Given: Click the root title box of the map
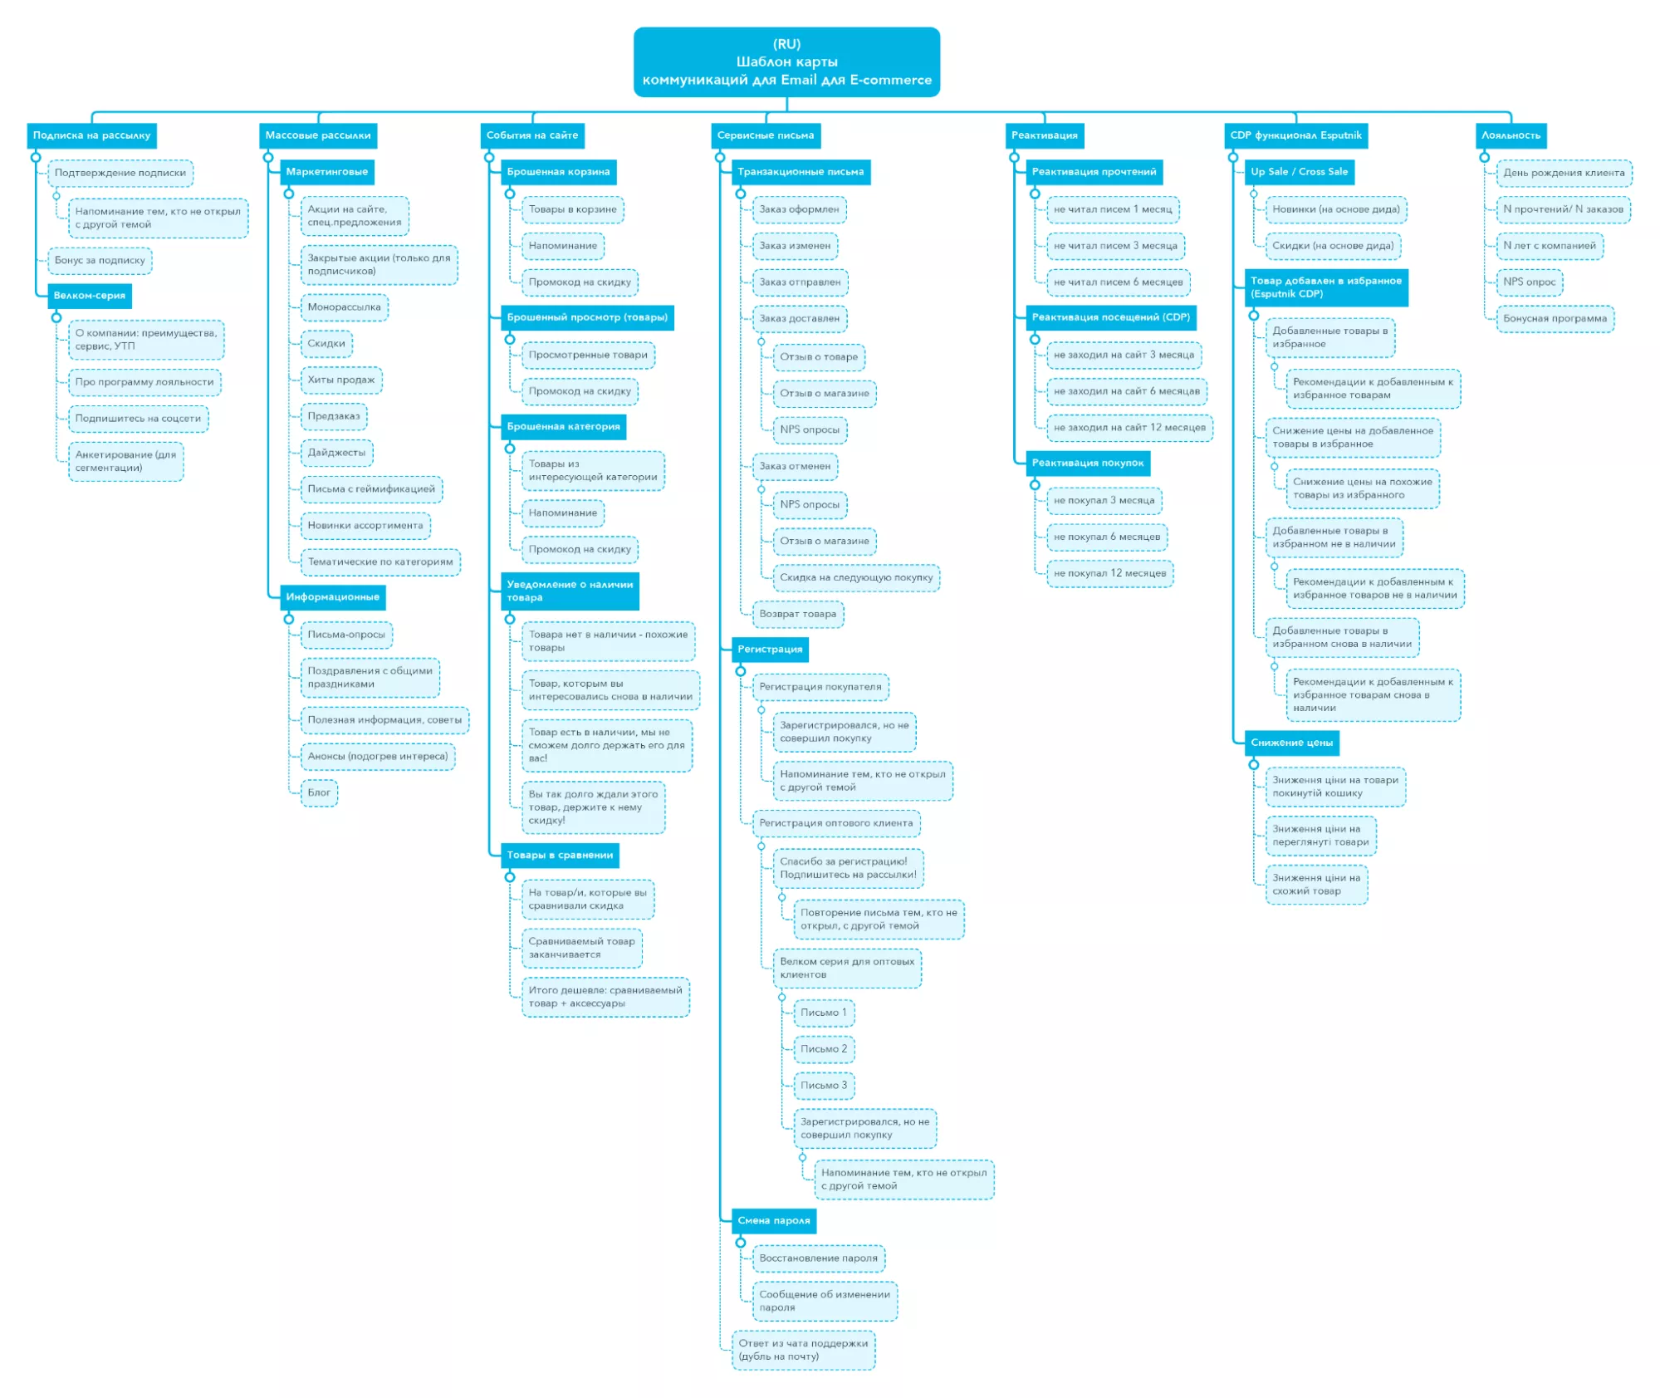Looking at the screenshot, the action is click(786, 62).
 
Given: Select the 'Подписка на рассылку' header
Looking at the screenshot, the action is click(91, 135).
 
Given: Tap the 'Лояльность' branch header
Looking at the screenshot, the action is click(1511, 135).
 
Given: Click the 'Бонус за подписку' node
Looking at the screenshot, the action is click(100, 261).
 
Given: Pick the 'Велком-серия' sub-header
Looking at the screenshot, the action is click(90, 296).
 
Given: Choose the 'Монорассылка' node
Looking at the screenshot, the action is click(344, 307).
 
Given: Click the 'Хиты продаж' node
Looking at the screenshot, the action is click(341, 380).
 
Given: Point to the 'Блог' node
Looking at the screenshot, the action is click(319, 793).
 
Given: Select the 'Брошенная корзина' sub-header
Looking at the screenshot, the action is click(558, 172).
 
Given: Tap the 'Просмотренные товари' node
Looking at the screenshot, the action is click(588, 356).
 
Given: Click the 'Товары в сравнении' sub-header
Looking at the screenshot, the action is click(560, 856).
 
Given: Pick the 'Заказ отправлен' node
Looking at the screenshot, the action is click(800, 282).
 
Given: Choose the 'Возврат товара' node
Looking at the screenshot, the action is click(798, 615).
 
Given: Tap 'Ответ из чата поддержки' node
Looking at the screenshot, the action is click(803, 1351).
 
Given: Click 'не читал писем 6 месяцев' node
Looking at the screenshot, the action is click(1118, 282).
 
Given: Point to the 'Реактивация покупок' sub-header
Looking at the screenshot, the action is click(1087, 464).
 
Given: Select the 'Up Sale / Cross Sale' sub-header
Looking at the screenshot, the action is click(1299, 172).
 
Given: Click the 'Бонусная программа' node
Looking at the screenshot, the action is click(1555, 319).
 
